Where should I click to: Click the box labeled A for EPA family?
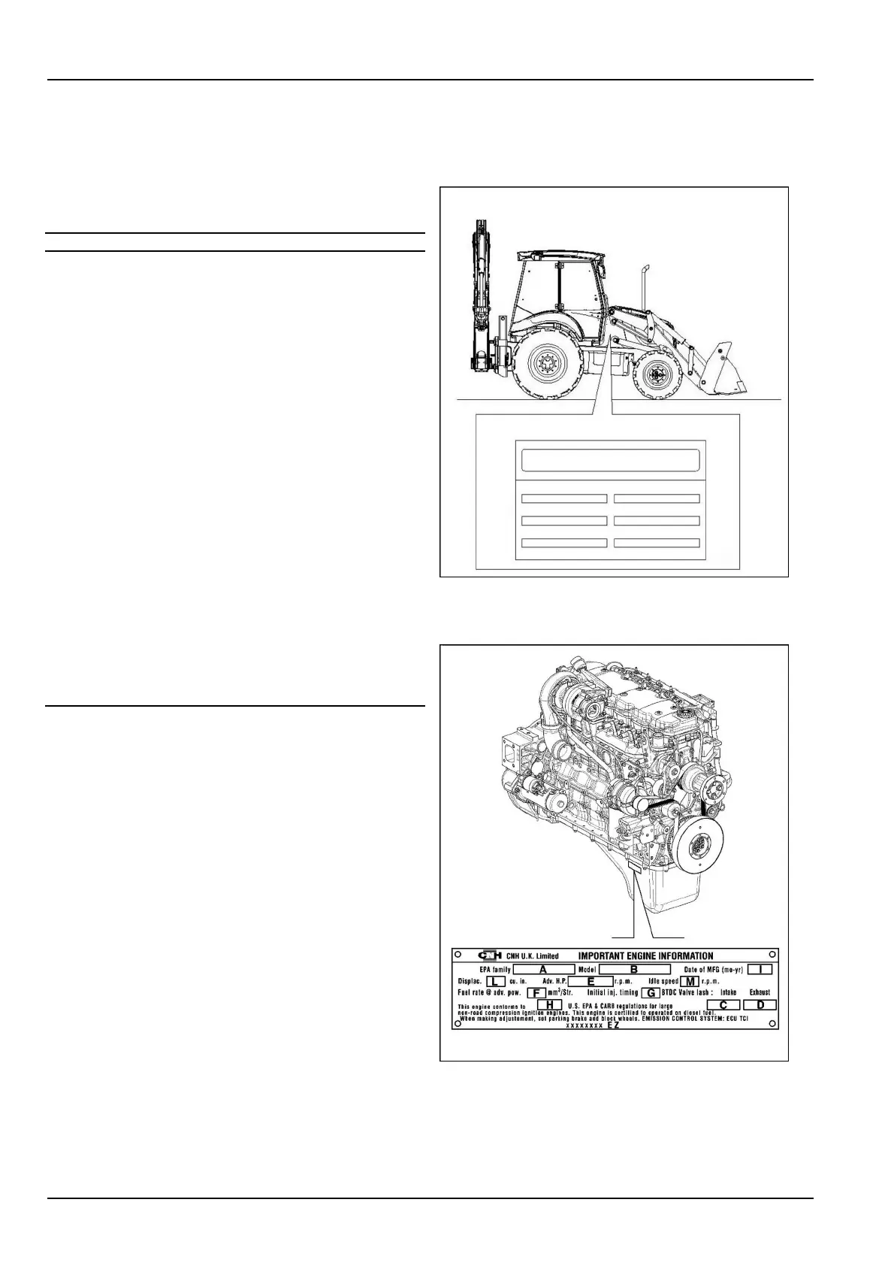point(542,970)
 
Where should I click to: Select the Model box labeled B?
point(634,970)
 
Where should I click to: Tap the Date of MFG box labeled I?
point(760,970)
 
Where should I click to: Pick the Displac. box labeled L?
point(495,981)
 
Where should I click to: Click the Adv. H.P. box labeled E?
point(590,981)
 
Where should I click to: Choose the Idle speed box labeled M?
point(690,981)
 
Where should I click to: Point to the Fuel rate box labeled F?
point(536,992)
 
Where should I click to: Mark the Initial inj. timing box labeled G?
point(651,992)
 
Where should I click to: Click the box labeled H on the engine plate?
point(549,1004)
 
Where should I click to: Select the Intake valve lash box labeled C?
point(723,1004)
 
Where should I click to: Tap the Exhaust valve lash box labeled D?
point(760,1004)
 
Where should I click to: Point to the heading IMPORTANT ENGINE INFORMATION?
point(645,956)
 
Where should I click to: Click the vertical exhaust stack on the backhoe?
point(644,286)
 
